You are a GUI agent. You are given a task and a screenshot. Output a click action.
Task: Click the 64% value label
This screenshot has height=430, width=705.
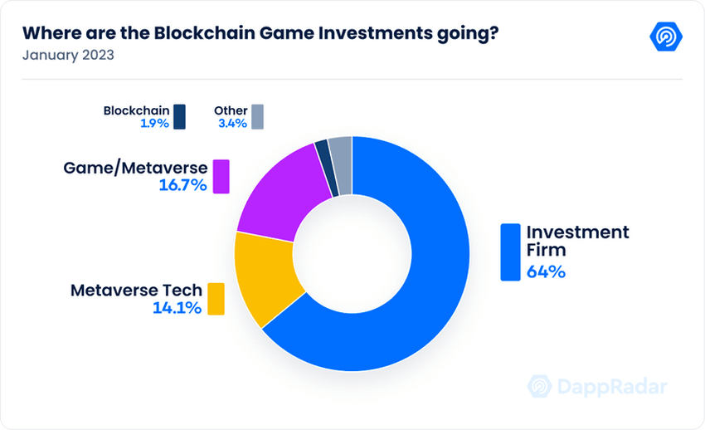(x=545, y=271)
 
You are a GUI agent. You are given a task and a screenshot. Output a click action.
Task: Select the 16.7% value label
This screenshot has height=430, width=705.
(x=182, y=185)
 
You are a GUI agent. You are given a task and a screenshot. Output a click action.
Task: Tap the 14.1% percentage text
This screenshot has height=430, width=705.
(x=177, y=308)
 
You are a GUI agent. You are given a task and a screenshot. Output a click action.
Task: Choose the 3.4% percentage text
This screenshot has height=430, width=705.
(x=231, y=123)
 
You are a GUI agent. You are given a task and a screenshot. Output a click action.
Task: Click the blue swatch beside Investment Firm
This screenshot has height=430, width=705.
(x=509, y=252)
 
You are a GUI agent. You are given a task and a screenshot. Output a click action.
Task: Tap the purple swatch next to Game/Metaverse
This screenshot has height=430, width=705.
(x=221, y=176)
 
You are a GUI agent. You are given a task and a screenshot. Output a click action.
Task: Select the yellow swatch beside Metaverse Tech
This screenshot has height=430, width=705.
(x=216, y=299)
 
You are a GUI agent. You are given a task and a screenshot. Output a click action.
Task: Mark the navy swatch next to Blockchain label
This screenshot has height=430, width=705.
(x=179, y=116)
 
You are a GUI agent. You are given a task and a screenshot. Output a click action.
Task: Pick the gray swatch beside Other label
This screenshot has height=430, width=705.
(x=257, y=116)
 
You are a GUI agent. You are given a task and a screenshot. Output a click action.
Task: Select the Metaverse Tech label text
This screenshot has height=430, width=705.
(x=136, y=291)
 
